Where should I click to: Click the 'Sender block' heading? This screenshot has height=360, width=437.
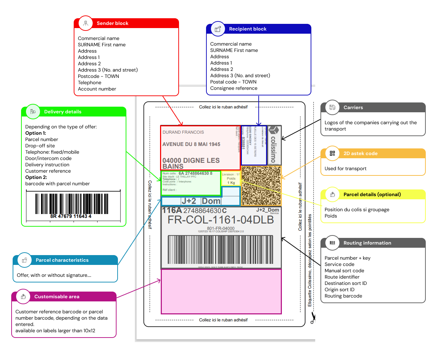112,24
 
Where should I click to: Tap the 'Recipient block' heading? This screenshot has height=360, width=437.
247,29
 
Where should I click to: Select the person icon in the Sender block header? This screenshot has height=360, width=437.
86,24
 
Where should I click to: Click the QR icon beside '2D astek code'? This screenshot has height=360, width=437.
332,153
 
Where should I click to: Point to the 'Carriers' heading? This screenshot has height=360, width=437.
353,108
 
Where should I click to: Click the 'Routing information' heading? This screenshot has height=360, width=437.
367,243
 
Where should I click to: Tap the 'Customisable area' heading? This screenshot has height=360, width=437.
57,297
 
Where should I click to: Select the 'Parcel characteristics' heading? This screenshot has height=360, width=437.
62,260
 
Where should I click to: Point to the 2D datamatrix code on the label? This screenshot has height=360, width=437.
261,186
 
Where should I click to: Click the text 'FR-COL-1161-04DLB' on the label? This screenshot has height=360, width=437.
220,220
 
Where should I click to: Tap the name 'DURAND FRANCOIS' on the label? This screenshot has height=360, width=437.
183,132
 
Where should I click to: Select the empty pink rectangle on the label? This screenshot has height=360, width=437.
221,291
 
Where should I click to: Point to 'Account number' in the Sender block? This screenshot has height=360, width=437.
97,89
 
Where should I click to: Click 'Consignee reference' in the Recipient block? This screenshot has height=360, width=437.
234,88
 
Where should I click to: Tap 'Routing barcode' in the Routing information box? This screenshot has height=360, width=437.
343,296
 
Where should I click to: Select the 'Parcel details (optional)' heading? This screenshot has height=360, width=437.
372,195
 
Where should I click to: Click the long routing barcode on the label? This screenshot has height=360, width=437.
220,249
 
